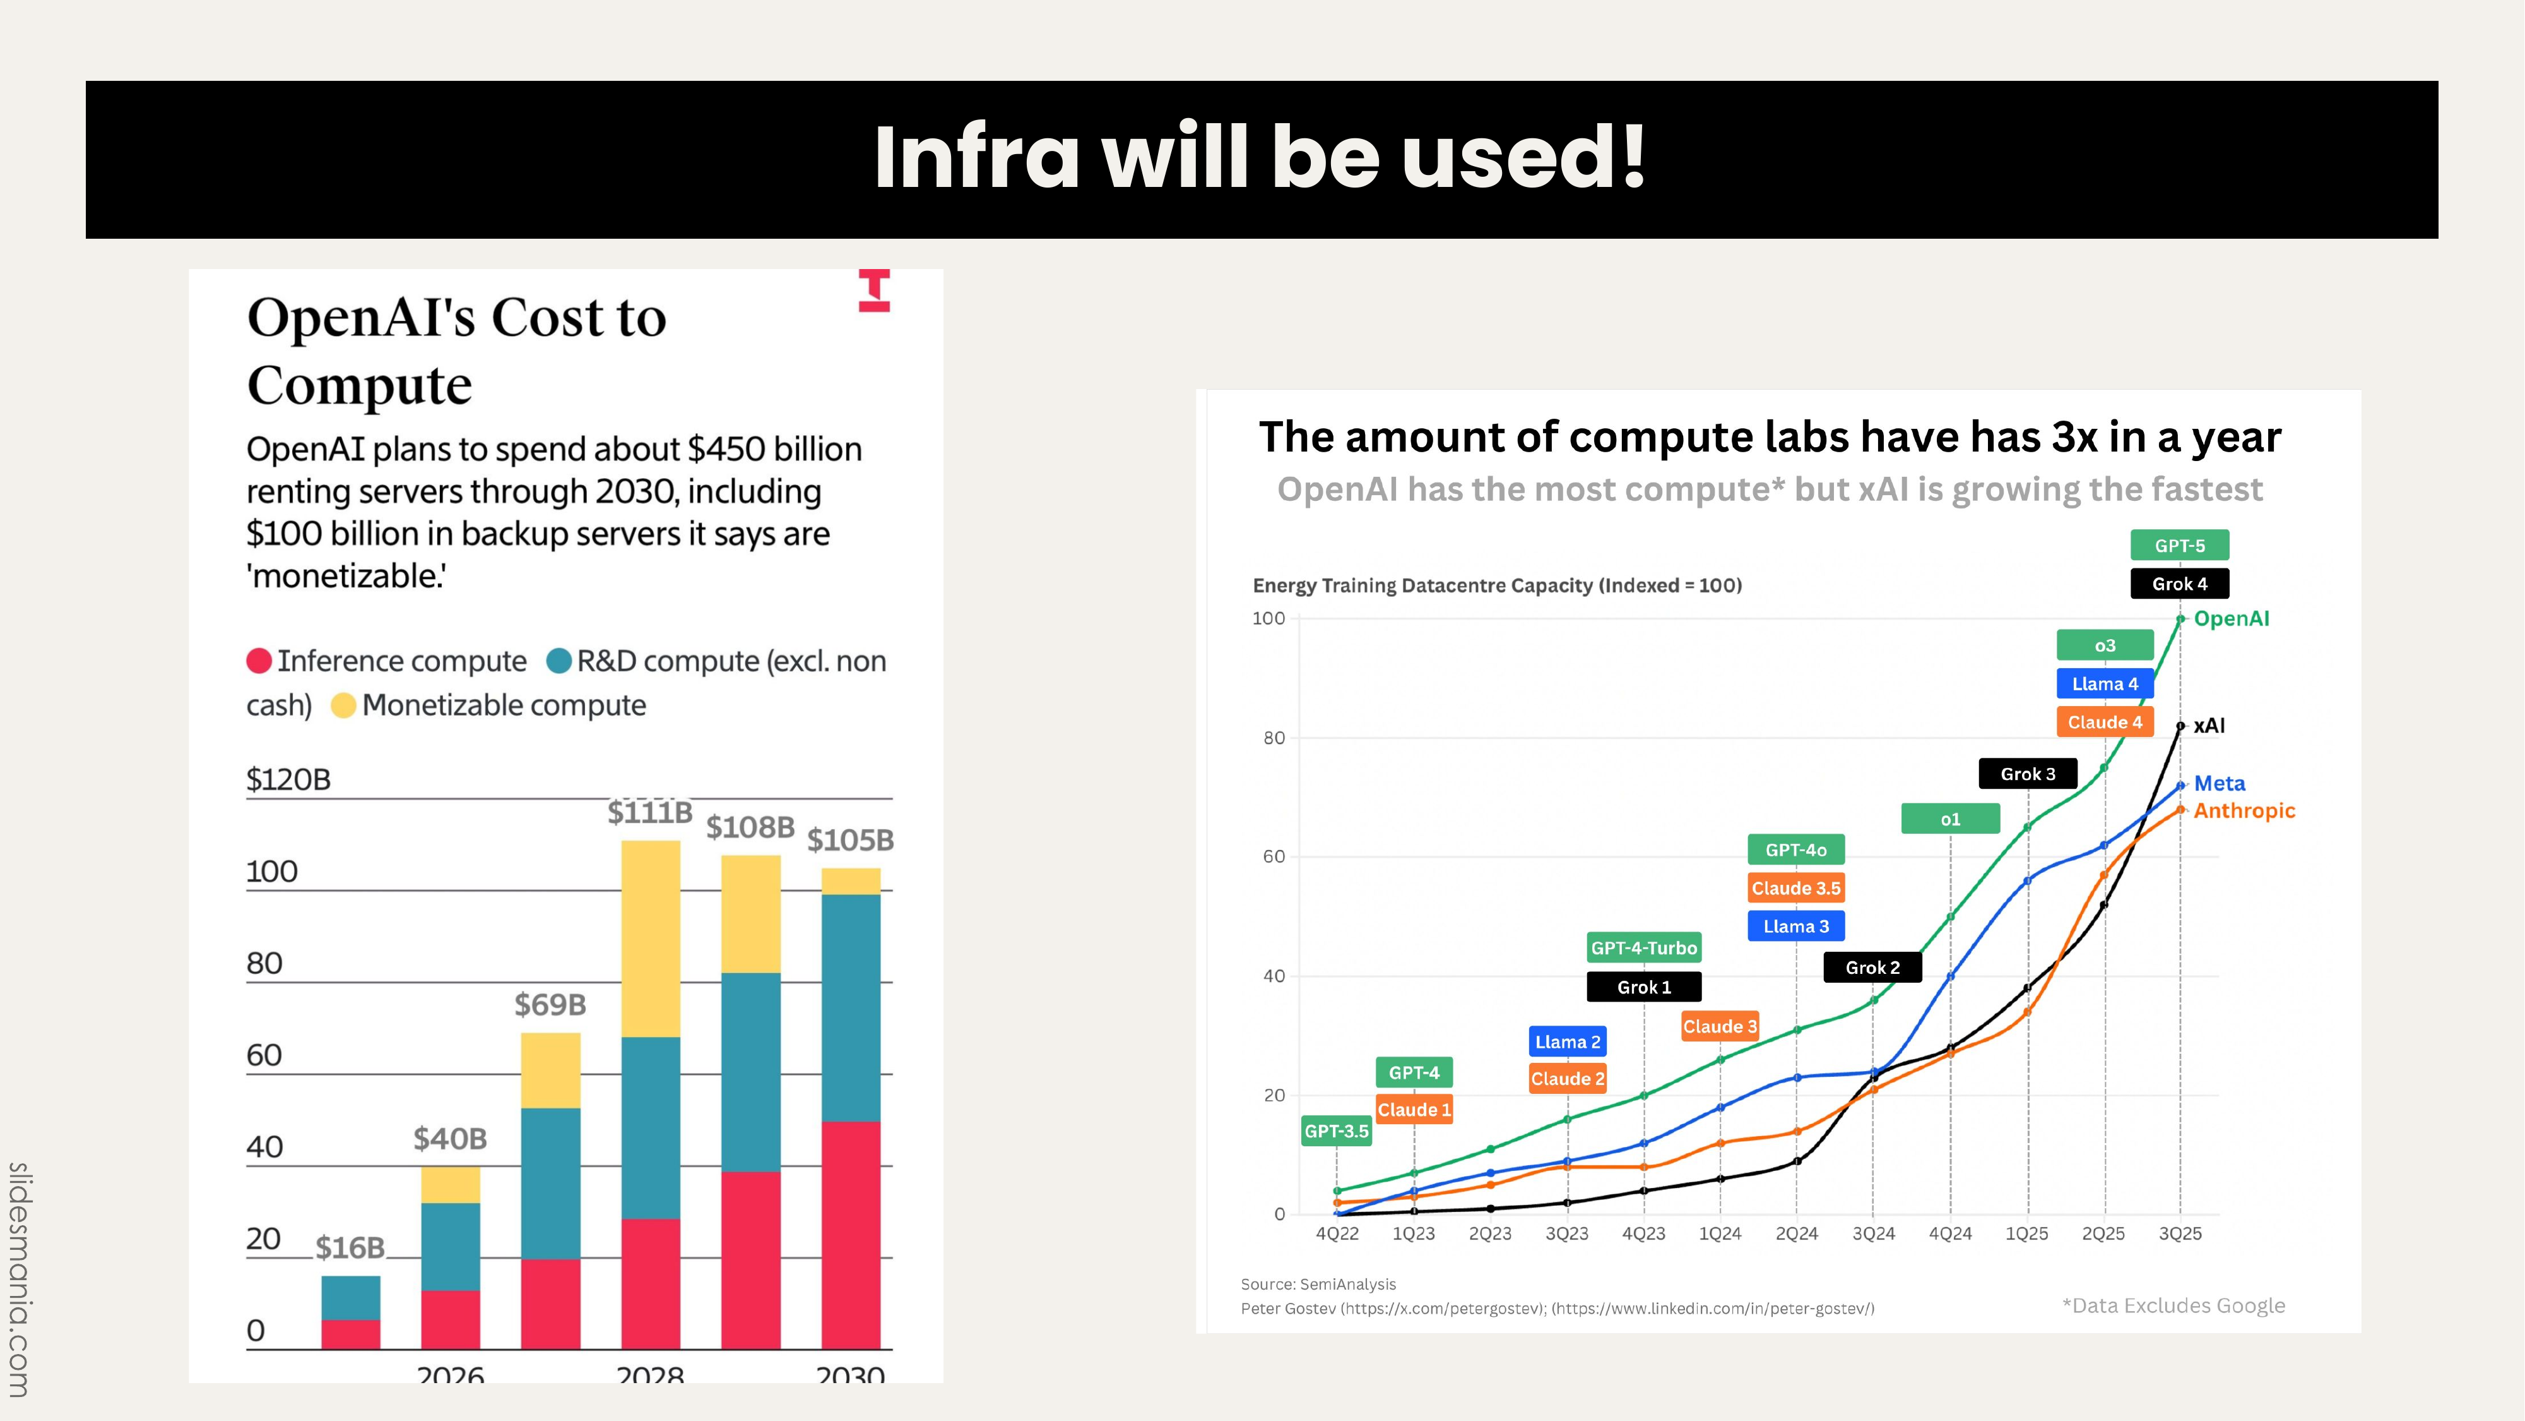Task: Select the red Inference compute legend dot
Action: pyautogui.click(x=259, y=661)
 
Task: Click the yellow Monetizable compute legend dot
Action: pyautogui.click(x=343, y=705)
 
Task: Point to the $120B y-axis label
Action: pyautogui.click(x=288, y=779)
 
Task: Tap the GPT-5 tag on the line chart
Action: pyautogui.click(x=2179, y=545)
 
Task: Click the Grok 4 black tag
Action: pyautogui.click(x=2179, y=584)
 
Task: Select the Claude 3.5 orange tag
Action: pyautogui.click(x=1795, y=889)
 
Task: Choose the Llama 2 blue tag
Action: pyautogui.click(x=1568, y=1041)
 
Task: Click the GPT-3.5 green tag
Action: pyautogui.click(x=1336, y=1130)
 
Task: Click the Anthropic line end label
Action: pyautogui.click(x=2244, y=811)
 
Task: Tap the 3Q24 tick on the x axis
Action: pyautogui.click(x=1873, y=1233)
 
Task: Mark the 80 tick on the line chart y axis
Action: pyautogui.click(x=1274, y=738)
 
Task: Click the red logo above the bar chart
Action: pyautogui.click(x=874, y=291)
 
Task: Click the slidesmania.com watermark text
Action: pyautogui.click(x=20, y=1279)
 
